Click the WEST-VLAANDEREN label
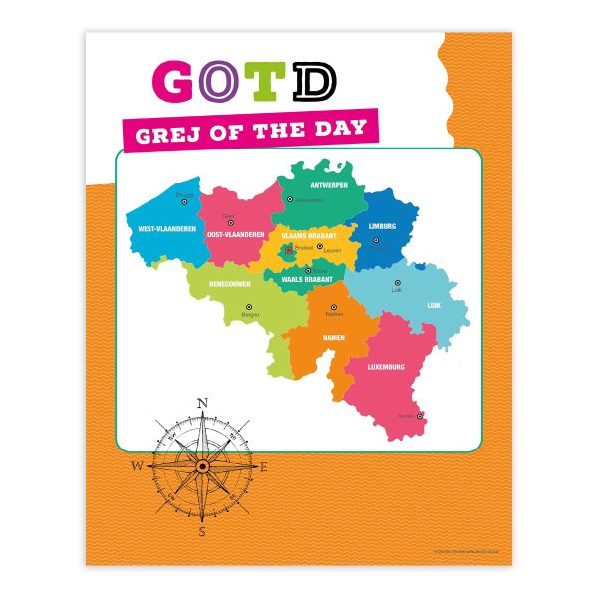tap(160, 228)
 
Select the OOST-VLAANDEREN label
tap(235, 235)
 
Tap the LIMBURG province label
tap(382, 226)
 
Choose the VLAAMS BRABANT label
tap(309, 235)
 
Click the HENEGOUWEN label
tap(229, 283)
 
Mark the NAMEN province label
tap(333, 338)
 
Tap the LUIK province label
tap(434, 305)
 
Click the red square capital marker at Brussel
tap(289, 250)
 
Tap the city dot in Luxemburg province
tap(420, 416)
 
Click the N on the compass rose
tap(202, 404)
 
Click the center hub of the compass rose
tap(202, 465)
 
